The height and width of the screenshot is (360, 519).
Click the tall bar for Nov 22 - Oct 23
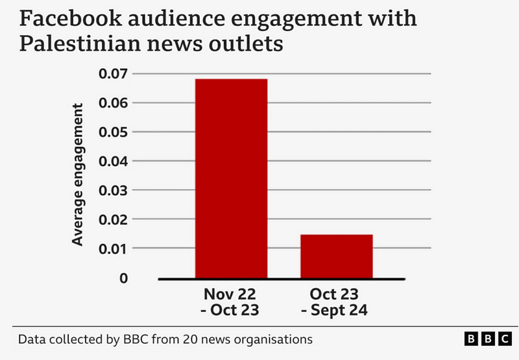click(x=231, y=178)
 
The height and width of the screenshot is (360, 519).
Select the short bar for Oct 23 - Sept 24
click(x=336, y=256)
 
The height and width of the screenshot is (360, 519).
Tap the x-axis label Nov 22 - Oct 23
click(x=231, y=302)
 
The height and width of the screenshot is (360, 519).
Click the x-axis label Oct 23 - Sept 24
click(x=335, y=302)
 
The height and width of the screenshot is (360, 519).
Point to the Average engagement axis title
click(x=78, y=174)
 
